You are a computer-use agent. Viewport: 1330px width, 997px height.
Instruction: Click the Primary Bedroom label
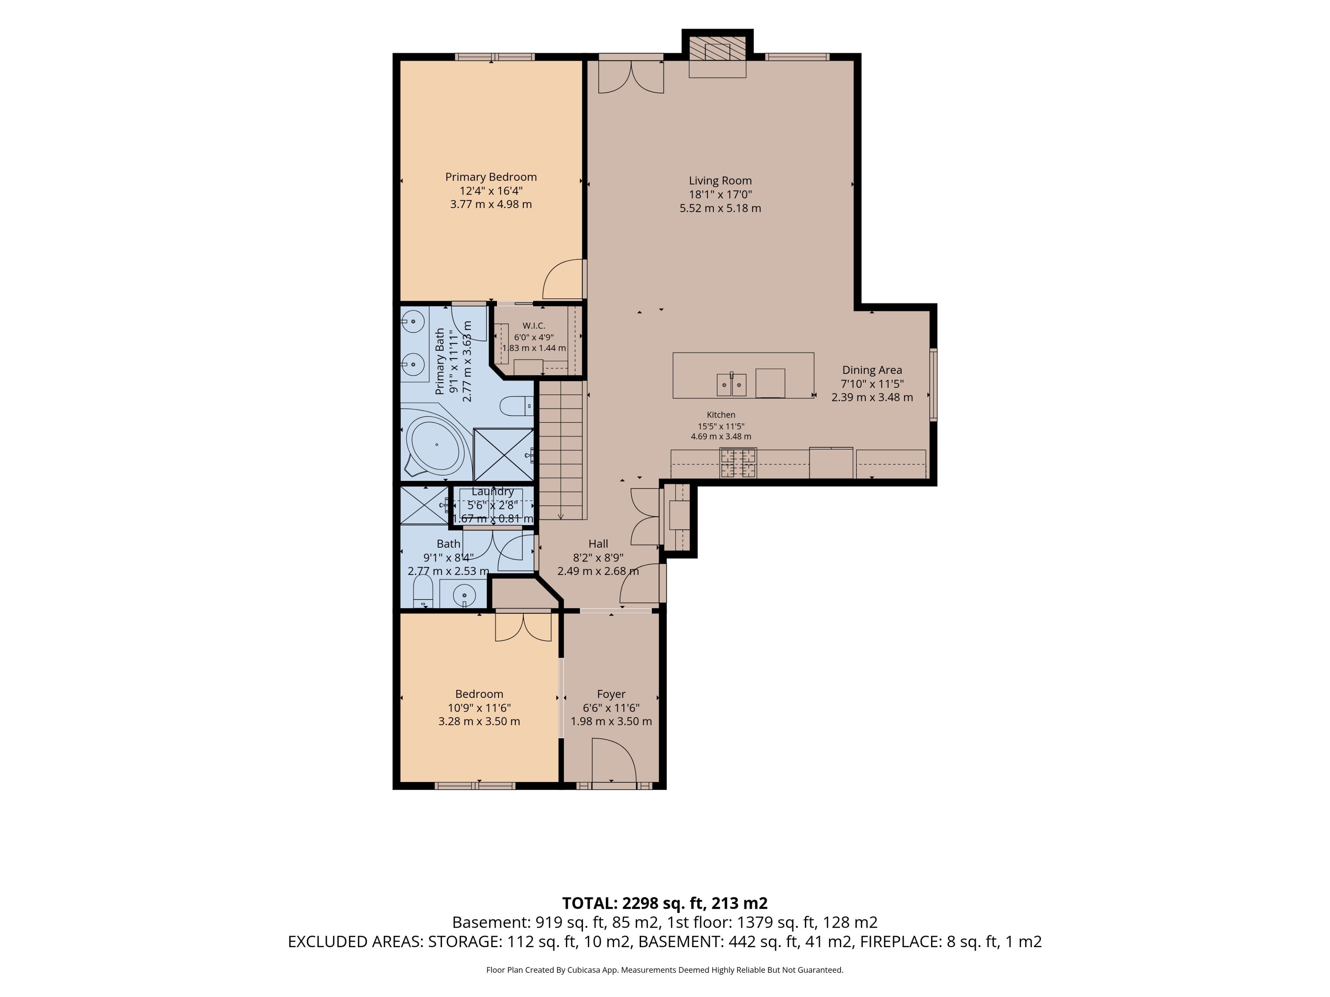tap(491, 177)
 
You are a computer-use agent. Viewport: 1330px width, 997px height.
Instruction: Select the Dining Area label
tap(872, 370)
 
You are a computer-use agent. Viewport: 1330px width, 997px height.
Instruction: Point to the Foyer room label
tap(611, 694)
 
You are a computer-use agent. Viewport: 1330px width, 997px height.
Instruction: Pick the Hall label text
tap(598, 544)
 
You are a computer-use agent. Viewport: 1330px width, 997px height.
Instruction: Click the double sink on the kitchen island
tap(731, 385)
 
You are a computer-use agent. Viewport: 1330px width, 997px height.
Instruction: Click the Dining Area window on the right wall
tap(933, 385)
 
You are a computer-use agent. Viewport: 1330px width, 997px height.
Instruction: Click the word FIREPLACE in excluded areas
tap(900, 942)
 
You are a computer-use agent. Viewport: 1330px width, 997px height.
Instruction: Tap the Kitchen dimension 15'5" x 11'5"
tap(721, 426)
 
